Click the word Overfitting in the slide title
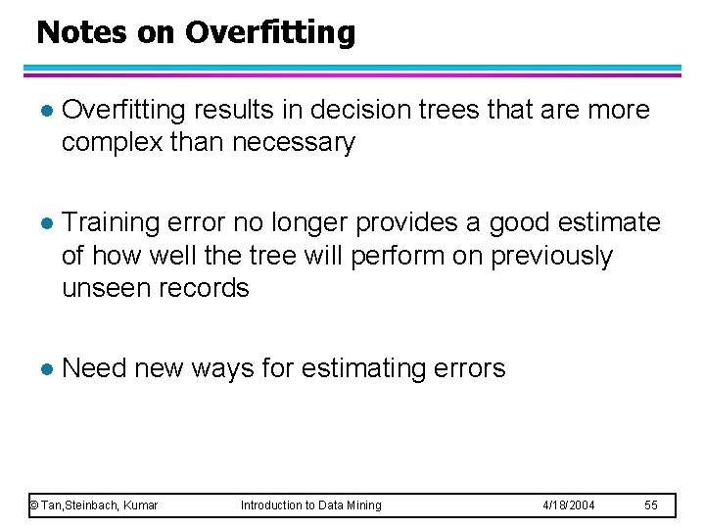[x=269, y=33]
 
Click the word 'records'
[x=207, y=289]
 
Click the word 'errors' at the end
[x=471, y=369]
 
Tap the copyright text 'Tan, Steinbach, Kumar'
[x=94, y=505]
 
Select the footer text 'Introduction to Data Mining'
[x=311, y=505]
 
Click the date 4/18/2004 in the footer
[x=569, y=505]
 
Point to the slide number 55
[x=651, y=505]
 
